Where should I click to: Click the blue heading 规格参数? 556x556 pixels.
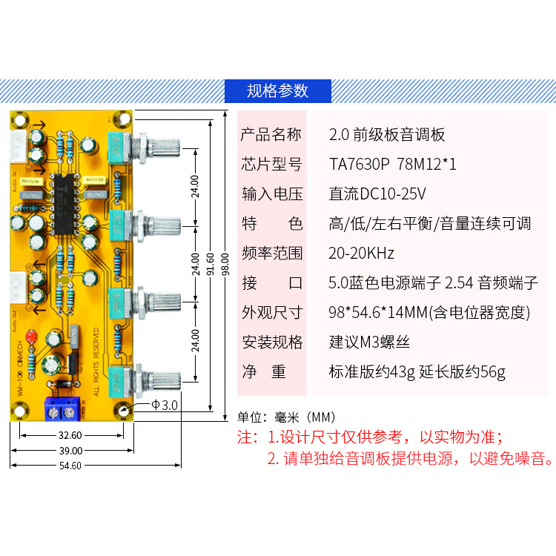277,90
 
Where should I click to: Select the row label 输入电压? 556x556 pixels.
272,194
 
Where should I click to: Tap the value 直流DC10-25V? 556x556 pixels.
377,194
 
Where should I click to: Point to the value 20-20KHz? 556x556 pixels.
361,253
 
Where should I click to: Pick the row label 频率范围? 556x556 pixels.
272,253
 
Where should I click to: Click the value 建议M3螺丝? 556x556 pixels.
369,342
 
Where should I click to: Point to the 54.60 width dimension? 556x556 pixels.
71,466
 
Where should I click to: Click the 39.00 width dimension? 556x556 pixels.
71,451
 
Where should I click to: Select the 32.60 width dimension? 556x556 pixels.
71,436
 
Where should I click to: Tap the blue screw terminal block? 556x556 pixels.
62,407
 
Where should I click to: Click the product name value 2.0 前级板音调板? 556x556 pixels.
386,134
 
